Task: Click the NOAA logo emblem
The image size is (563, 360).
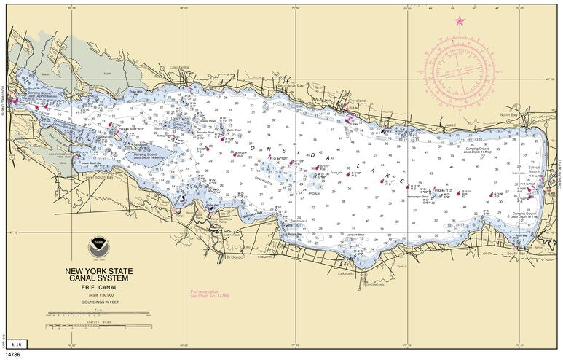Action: pos(97,247)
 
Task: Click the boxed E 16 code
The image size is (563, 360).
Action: pos(15,343)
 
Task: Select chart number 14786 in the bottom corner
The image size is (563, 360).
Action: pos(13,354)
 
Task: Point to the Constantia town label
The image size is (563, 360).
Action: pos(178,67)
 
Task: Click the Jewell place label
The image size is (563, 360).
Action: pos(450,124)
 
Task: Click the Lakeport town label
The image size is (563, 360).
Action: pos(346,275)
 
